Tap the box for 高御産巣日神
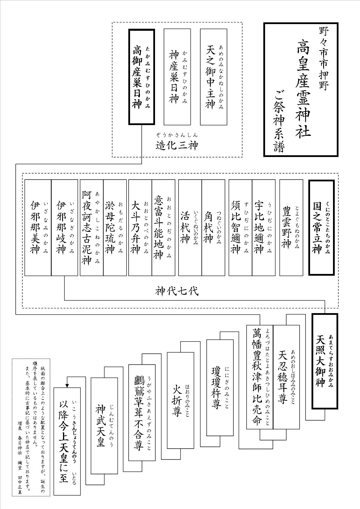click(x=141, y=77)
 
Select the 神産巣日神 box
click(x=177, y=77)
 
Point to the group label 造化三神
click(x=177, y=145)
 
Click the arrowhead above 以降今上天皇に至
click(x=67, y=385)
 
